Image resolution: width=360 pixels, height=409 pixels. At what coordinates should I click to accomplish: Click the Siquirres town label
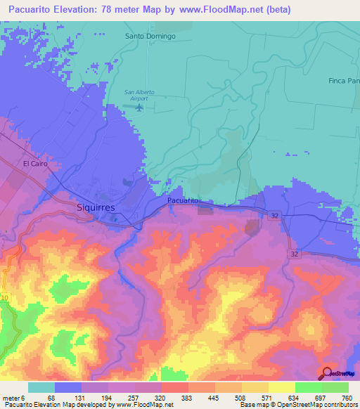96,208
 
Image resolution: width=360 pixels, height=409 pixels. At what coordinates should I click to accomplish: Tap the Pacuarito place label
184,201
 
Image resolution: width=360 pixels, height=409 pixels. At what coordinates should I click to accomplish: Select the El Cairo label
35,163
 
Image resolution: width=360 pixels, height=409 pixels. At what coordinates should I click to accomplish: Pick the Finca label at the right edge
344,81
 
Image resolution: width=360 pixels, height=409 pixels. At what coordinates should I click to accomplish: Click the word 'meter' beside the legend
11,397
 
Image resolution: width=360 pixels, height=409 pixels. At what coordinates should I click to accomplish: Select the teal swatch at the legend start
41,387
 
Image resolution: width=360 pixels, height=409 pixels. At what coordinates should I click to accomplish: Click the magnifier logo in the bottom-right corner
328,374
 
